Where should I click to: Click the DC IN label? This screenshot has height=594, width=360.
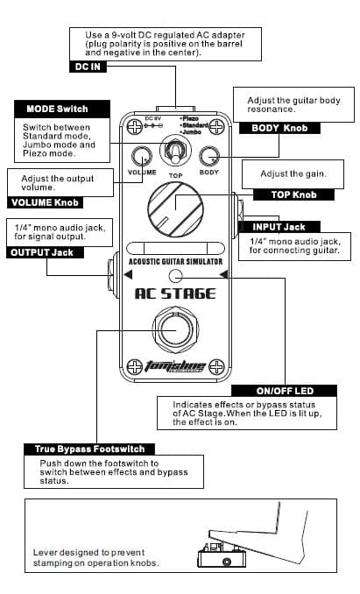pos(88,67)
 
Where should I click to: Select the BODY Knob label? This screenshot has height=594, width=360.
pos(279,128)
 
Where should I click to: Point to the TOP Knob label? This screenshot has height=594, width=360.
pos(293,194)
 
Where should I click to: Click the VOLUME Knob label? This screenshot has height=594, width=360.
pos(45,202)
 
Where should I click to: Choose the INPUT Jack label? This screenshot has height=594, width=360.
pos(279,227)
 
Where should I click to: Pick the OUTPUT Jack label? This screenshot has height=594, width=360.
pos(42,252)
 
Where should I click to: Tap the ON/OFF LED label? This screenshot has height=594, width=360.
pos(285,391)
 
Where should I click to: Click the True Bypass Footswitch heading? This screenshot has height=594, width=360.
pos(89,449)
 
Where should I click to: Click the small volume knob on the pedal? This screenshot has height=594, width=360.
pos(142,157)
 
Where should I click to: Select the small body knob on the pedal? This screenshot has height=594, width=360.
pos(209,157)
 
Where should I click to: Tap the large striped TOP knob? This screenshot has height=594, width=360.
pos(175,209)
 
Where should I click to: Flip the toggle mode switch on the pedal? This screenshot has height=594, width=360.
pos(175,152)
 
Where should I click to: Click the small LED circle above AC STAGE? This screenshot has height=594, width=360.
pos(175,276)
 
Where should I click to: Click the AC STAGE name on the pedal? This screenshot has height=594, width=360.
pos(175,294)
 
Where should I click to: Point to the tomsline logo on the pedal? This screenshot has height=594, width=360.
pos(175,366)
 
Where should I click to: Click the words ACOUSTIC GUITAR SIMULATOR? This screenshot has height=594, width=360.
pos(175,261)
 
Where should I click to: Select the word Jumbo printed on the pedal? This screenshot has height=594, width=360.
pos(192,132)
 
